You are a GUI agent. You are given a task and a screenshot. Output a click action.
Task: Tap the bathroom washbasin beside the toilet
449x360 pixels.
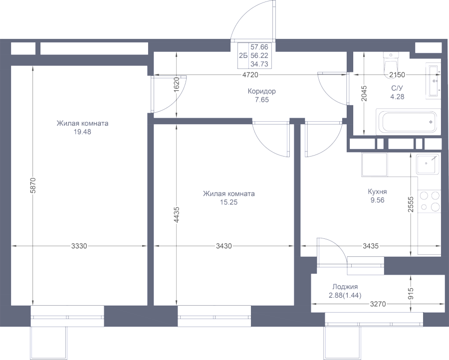tap(433, 80)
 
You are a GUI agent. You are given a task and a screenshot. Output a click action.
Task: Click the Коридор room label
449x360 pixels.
tap(261, 92)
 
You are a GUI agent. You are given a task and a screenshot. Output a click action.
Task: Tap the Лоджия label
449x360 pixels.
tap(344, 287)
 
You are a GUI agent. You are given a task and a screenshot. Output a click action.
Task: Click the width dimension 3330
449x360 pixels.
tap(79, 246)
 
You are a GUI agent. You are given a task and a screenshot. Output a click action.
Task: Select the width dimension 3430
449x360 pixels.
tap(223, 246)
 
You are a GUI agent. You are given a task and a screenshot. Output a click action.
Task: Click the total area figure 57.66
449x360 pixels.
tap(258, 46)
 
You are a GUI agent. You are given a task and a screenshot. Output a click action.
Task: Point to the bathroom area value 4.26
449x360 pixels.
tap(397, 97)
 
